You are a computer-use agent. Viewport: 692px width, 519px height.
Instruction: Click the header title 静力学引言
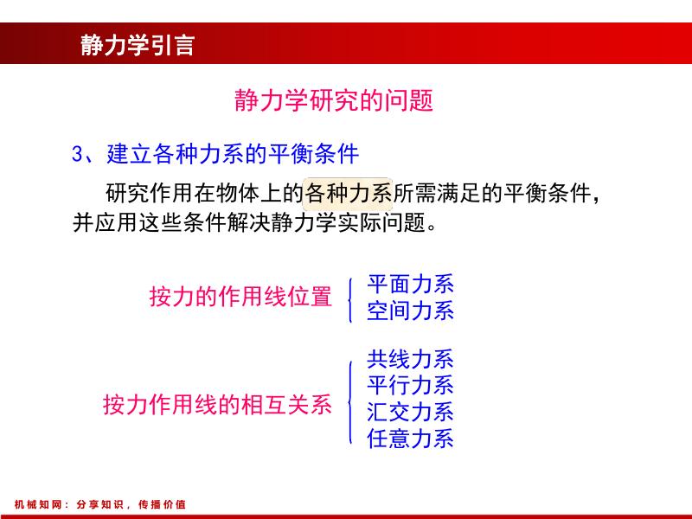138,45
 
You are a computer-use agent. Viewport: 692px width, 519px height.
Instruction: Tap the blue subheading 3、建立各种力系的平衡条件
215,154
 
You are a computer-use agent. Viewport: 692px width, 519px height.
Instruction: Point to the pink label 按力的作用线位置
240,297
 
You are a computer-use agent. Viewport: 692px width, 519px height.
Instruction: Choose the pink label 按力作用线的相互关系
217,405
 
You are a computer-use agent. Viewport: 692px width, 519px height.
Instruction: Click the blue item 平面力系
410,285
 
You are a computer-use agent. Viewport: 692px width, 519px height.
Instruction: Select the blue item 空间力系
410,311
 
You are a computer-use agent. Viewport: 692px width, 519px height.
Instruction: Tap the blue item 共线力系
410,359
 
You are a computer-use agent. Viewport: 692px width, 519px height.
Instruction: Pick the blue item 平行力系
410,385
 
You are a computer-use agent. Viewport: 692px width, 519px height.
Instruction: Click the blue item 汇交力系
410,412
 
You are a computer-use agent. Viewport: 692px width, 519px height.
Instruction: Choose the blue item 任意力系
410,438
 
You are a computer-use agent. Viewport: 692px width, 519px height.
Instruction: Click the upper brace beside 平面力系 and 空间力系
349,298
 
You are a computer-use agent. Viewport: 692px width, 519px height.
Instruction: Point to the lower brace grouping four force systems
349,399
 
